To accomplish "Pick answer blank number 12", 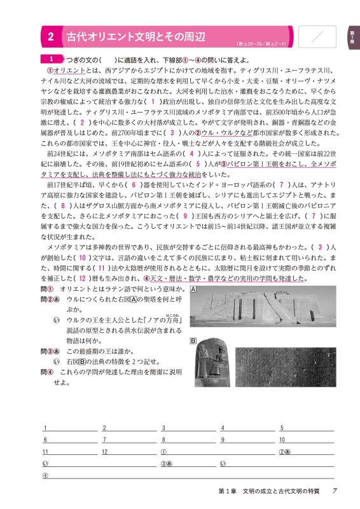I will [130, 452].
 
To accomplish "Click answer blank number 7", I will [130, 440].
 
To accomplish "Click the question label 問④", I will [46, 372].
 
